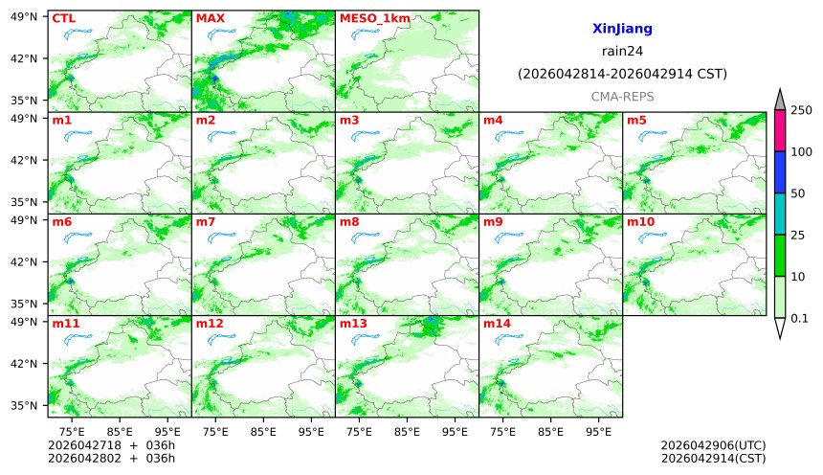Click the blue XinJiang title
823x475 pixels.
click(x=622, y=30)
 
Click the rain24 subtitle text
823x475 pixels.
click(x=622, y=52)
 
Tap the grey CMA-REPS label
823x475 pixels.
click(x=622, y=97)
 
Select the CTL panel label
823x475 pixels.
click(x=63, y=18)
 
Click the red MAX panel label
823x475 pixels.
click(x=210, y=18)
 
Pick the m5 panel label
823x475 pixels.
click(x=636, y=121)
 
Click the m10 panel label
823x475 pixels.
click(x=640, y=222)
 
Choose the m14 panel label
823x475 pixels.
click(x=497, y=324)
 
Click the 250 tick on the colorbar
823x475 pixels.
click(x=801, y=110)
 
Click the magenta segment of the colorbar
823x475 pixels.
click(x=779, y=130)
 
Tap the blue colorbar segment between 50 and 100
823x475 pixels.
click(x=779, y=171)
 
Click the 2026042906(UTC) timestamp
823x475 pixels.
click(x=713, y=445)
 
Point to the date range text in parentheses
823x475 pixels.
click(x=622, y=74)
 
